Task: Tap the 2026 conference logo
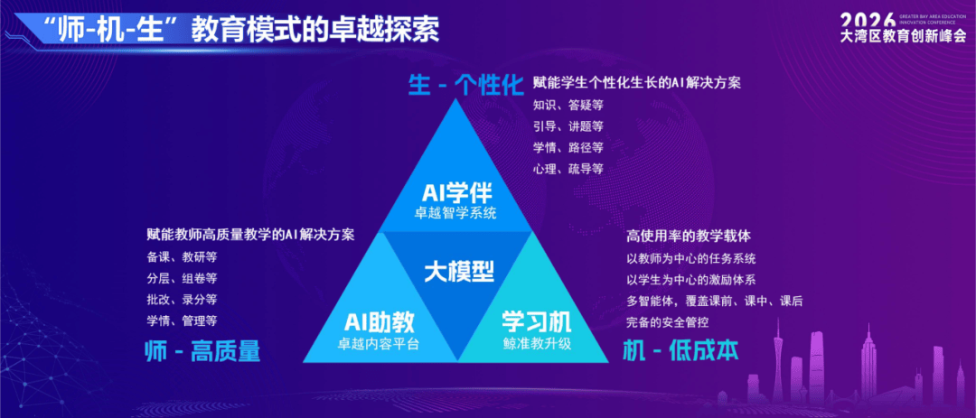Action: click(x=903, y=27)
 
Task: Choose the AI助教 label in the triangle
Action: click(x=379, y=321)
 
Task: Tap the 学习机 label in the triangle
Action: click(x=537, y=321)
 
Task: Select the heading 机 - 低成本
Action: click(x=681, y=351)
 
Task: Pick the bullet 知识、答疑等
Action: click(x=568, y=105)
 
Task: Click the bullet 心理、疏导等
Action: click(x=568, y=169)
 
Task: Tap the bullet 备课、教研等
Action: click(x=182, y=257)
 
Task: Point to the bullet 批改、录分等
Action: click(x=182, y=299)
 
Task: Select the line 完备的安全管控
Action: click(x=669, y=322)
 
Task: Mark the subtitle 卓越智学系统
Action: click(x=456, y=213)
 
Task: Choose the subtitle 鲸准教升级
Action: click(x=537, y=343)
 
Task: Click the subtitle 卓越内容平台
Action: click(x=379, y=343)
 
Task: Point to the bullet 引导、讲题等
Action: click(x=568, y=126)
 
